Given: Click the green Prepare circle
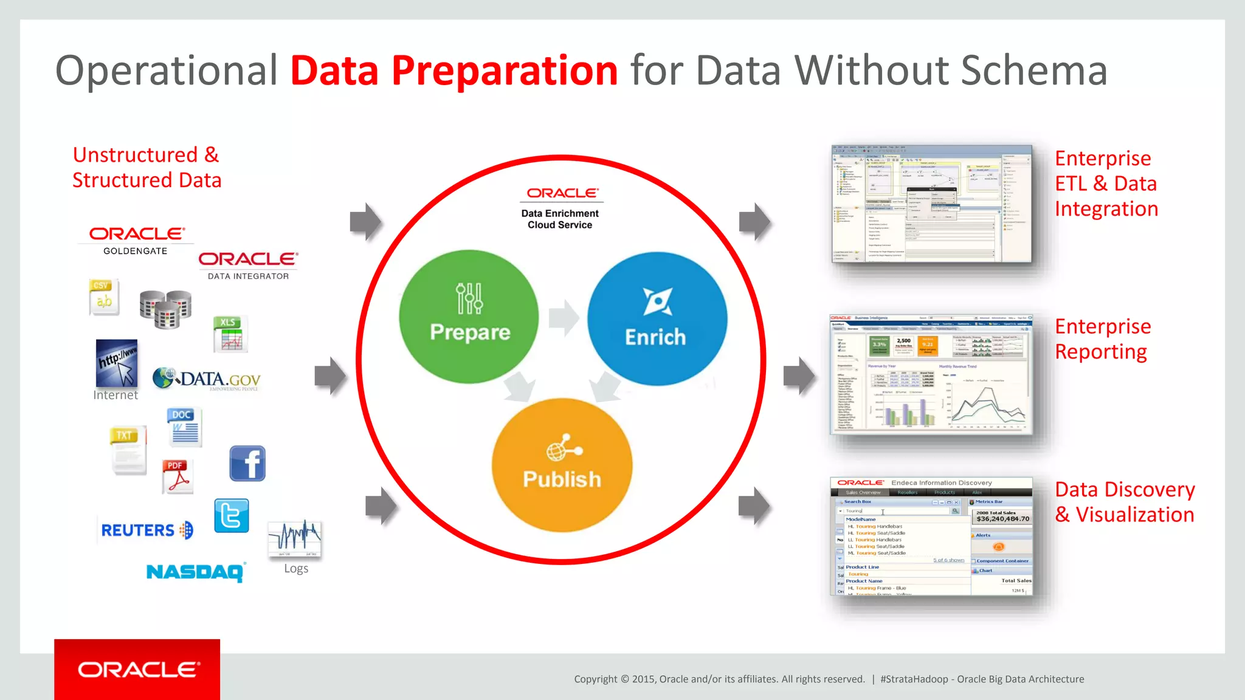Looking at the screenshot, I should point(469,317).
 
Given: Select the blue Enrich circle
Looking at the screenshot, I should point(657,318).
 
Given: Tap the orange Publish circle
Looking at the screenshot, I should point(562,465).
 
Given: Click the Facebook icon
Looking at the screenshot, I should point(247,463).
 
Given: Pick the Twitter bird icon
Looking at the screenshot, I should point(232,516).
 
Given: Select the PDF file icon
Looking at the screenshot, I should point(178,476).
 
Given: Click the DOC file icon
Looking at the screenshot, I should point(184,427).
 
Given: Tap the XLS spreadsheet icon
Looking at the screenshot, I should point(230,334).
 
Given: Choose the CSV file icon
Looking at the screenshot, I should point(103,297).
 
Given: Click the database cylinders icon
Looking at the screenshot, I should point(165,309).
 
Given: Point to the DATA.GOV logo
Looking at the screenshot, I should point(207,379).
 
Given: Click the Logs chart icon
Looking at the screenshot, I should point(295,538).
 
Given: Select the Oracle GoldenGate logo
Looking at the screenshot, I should point(136,241).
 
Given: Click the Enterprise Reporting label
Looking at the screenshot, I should point(1102,339).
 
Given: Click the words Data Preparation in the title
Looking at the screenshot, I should point(454,70).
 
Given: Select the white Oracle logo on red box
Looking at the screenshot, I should point(138,670).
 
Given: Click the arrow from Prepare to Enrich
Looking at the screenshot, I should point(564,318).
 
